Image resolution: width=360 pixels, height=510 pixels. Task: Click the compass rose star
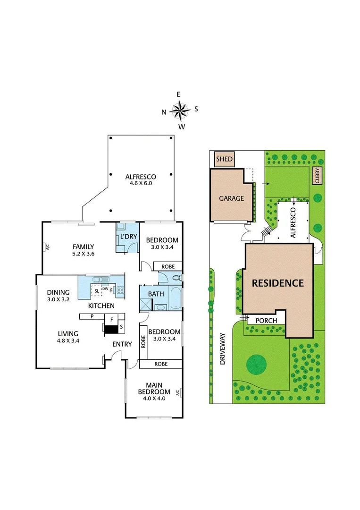[x=180, y=110]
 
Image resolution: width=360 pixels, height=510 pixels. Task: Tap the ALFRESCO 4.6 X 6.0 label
[x=141, y=180]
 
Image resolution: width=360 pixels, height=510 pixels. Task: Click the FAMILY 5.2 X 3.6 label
[x=83, y=250]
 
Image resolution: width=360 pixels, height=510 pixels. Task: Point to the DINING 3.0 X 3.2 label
[x=58, y=296]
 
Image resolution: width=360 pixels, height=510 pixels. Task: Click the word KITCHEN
[x=101, y=306]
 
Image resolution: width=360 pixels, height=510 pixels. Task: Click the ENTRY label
[x=122, y=344]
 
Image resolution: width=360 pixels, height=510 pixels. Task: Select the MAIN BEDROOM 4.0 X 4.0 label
[x=153, y=388]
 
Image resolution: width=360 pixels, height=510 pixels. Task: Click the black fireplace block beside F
[x=109, y=327]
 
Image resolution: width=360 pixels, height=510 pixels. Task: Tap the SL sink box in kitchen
[x=97, y=291]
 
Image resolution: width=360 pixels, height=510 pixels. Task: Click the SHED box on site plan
[x=224, y=159]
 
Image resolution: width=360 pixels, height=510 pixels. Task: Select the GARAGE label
[x=231, y=198]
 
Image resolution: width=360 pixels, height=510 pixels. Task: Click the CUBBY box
[x=317, y=176]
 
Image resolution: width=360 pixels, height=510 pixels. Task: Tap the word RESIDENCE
[x=277, y=283]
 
